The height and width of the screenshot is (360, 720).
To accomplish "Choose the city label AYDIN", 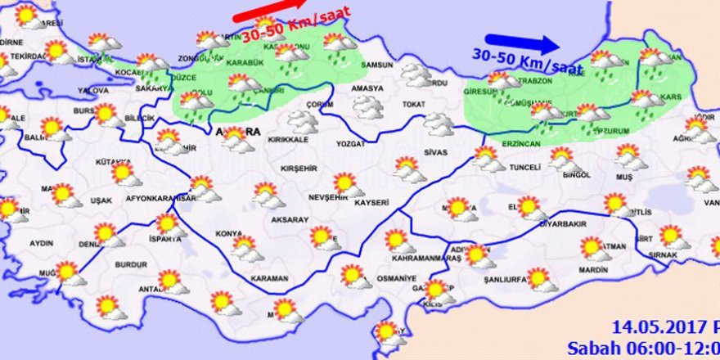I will click(x=41, y=243).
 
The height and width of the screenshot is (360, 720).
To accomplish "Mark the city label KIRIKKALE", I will click(x=284, y=140).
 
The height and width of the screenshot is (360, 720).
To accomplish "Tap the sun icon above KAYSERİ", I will click(x=345, y=183).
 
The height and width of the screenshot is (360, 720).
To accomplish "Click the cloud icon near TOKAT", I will click(x=439, y=124).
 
